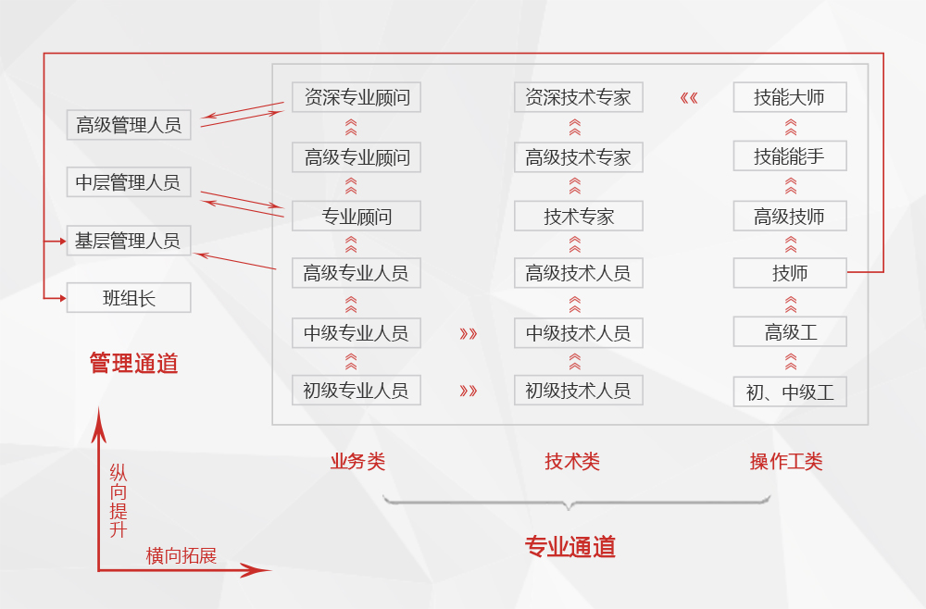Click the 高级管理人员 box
click(129, 125)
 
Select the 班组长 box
click(129, 298)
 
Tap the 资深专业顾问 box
click(357, 97)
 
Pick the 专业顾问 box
click(357, 217)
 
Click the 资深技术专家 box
click(578, 97)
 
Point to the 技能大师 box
click(789, 97)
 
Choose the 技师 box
click(789, 273)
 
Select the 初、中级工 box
click(789, 391)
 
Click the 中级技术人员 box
click(578, 333)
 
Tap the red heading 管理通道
click(133, 363)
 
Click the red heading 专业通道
click(570, 547)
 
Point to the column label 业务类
click(357, 461)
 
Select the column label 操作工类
click(786, 461)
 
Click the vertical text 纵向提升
click(119, 501)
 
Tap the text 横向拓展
click(181, 555)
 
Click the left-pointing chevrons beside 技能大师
click(689, 97)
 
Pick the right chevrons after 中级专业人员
click(469, 333)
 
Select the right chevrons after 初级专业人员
click(469, 391)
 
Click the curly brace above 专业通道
click(576, 502)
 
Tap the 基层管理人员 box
click(129, 242)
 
